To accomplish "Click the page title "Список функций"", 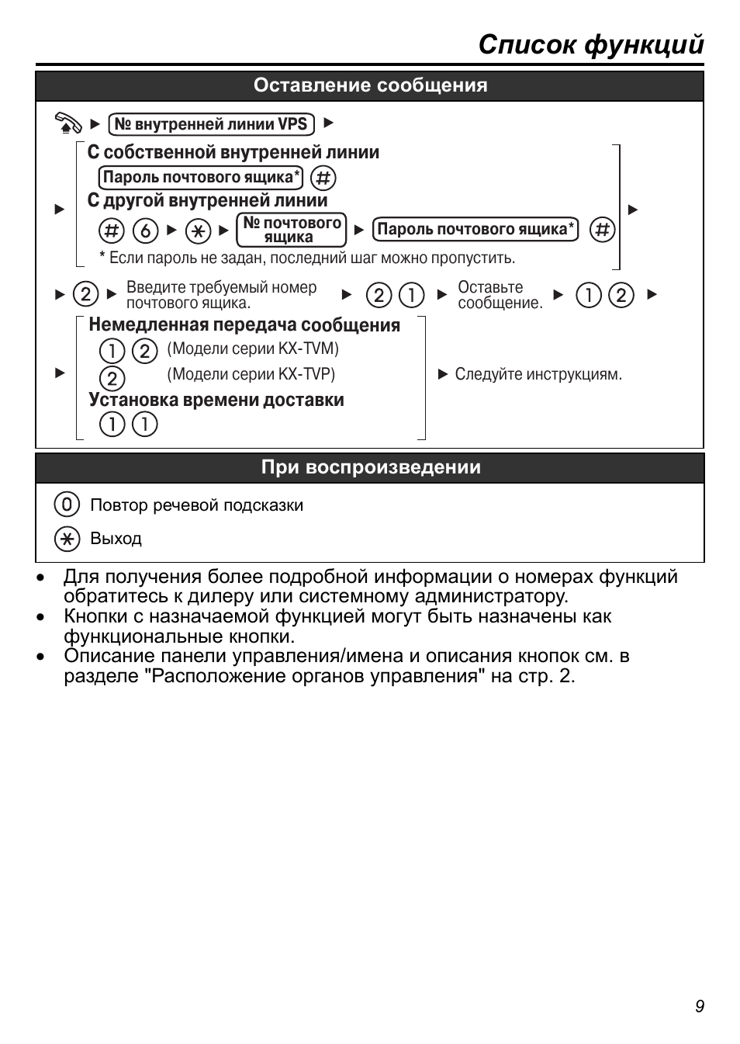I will pos(590,45).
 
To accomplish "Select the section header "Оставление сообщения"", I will pos(370,85).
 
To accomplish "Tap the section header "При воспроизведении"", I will pos(370,467).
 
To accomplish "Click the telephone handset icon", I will pos(68,123).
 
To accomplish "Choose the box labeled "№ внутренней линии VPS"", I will pos(211,124).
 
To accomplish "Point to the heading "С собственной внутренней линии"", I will pos(233,152).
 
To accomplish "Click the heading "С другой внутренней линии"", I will pos(207,200).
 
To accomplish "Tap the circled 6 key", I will pos(145,231).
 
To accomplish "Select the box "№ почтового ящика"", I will pos(291,230).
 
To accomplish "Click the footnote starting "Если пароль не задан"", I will pos(311,258).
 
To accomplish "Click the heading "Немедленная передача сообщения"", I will pos(244,325).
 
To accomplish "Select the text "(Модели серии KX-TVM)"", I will pos(253,349).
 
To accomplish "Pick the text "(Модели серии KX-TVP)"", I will pos(251,374).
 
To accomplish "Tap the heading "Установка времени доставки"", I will pos(216,400).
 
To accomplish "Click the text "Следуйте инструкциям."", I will pos(538,374).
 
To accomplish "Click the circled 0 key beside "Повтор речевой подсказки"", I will pos(67,505).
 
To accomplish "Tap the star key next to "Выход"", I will pos(67,539).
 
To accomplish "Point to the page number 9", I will pos(699,1007).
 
